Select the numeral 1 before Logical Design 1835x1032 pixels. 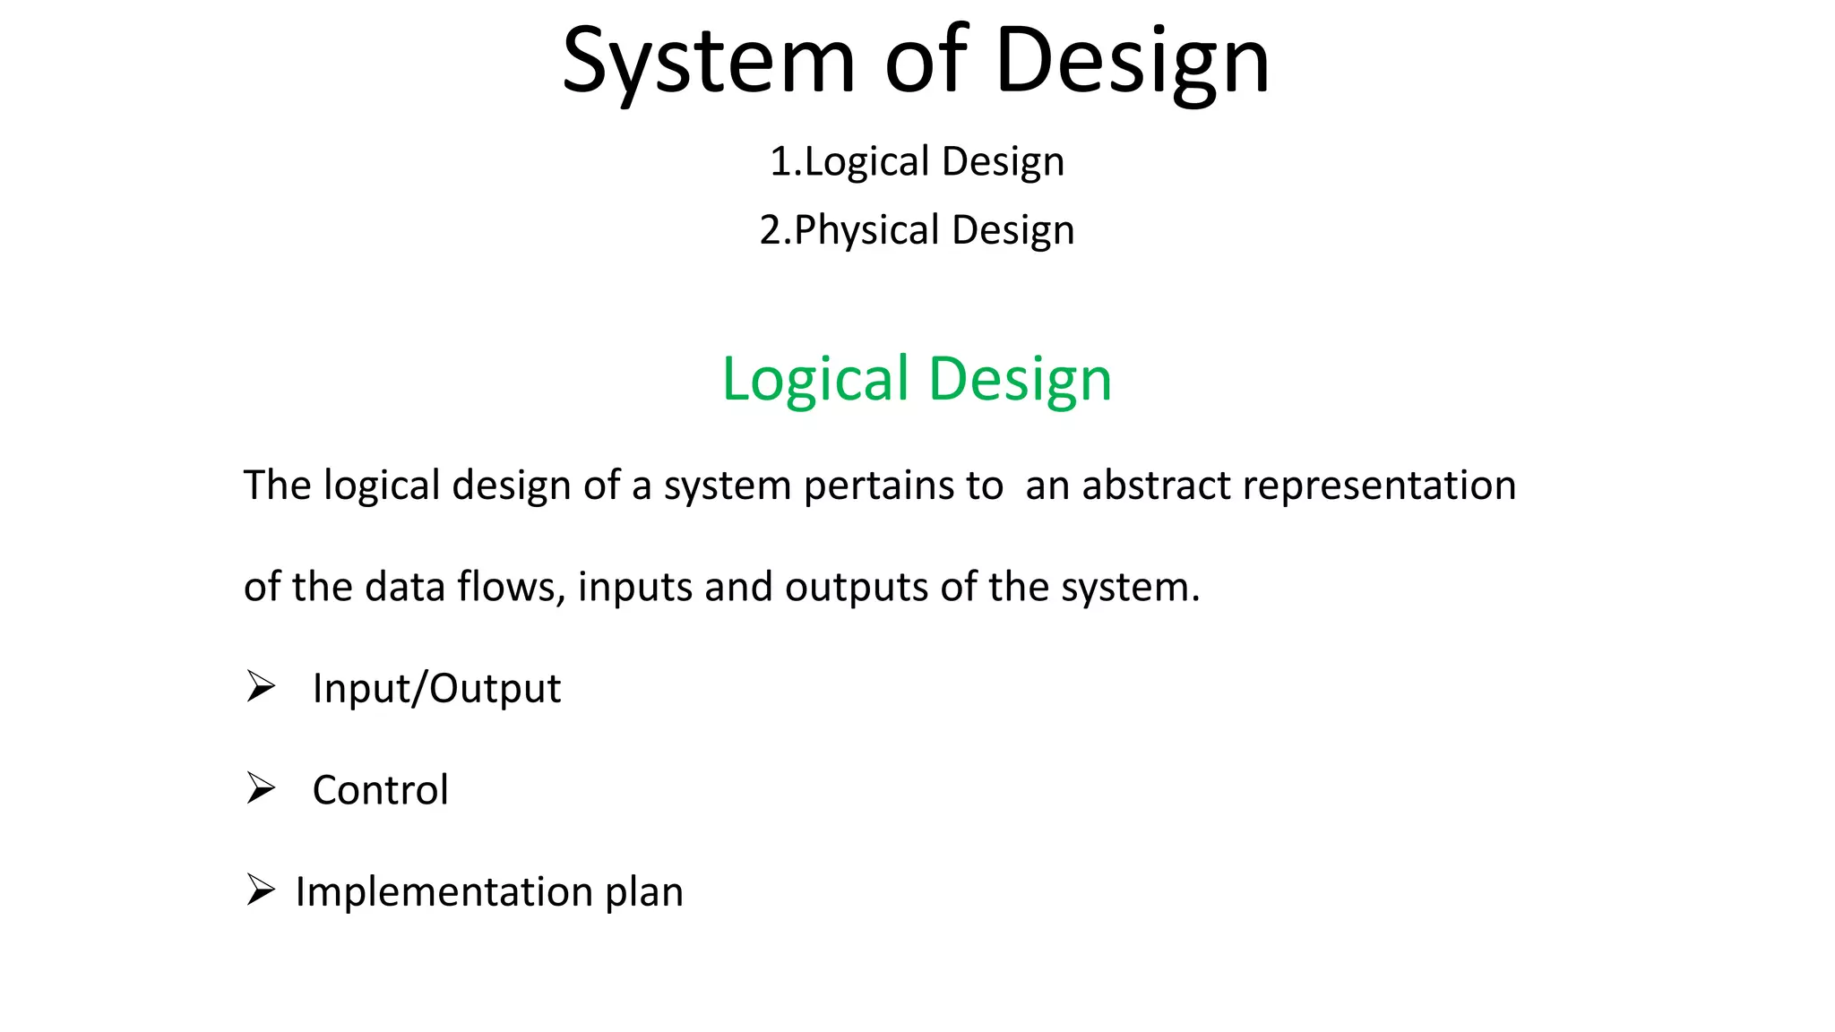click(780, 162)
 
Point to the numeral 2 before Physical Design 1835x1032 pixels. click(771, 230)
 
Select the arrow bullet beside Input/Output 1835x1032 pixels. click(260, 687)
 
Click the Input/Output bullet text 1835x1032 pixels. click(436, 689)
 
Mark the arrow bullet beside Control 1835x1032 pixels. click(260, 788)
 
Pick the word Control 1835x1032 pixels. click(380, 790)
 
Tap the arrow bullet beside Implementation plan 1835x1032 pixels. click(260, 890)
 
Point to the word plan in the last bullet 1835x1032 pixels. click(644, 892)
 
